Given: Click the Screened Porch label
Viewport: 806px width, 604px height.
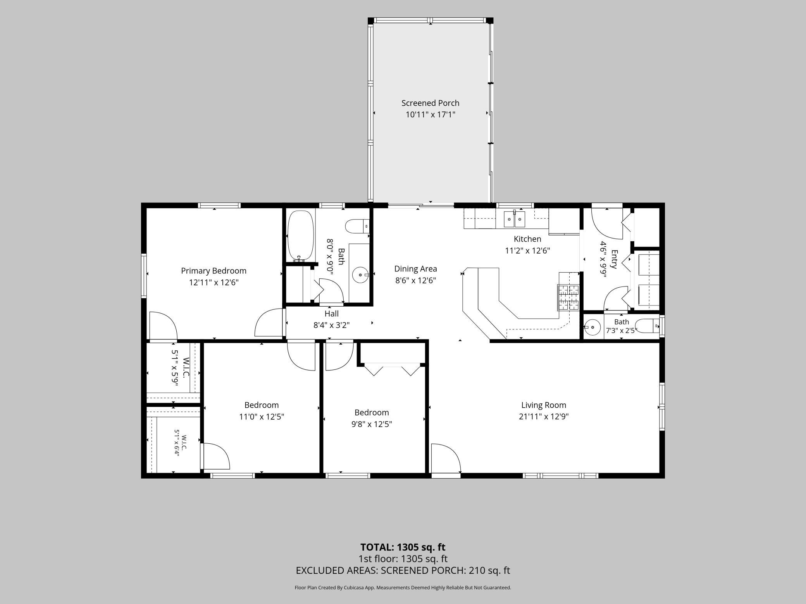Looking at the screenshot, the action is (x=430, y=103).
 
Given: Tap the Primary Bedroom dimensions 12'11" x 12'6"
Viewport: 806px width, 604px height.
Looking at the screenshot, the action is (x=214, y=282).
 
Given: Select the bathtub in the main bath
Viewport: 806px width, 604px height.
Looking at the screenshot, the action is (x=300, y=235).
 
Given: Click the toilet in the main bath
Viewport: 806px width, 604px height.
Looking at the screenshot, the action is (x=357, y=226).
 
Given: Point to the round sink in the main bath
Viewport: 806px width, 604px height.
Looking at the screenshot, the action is (x=360, y=275).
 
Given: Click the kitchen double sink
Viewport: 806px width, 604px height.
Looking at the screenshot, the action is (x=515, y=219).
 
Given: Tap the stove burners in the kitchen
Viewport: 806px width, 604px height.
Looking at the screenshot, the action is (x=568, y=297).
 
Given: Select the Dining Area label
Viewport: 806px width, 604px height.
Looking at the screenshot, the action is (x=415, y=269).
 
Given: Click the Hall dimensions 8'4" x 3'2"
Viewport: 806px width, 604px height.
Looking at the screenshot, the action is (x=331, y=325).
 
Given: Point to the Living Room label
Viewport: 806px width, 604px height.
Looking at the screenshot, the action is (x=544, y=405).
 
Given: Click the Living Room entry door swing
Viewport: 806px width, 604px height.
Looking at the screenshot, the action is (x=446, y=458).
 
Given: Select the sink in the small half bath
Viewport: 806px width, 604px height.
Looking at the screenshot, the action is (x=592, y=327).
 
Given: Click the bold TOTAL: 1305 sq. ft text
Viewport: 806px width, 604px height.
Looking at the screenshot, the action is (x=403, y=547).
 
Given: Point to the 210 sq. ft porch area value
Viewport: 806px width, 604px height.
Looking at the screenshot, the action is (x=489, y=570).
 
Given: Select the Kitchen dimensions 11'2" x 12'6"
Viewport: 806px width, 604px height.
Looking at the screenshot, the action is (x=527, y=251).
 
